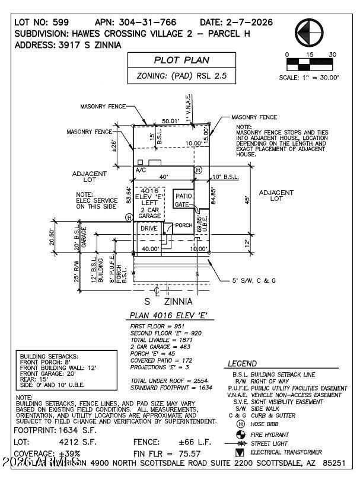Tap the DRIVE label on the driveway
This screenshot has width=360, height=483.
point(149,228)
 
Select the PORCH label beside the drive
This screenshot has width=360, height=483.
point(184,225)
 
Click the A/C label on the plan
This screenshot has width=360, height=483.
point(141,170)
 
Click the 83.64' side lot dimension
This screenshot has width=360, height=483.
point(129,195)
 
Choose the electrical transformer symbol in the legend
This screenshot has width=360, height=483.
point(240,452)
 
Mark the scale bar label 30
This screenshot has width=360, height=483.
point(332,55)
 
